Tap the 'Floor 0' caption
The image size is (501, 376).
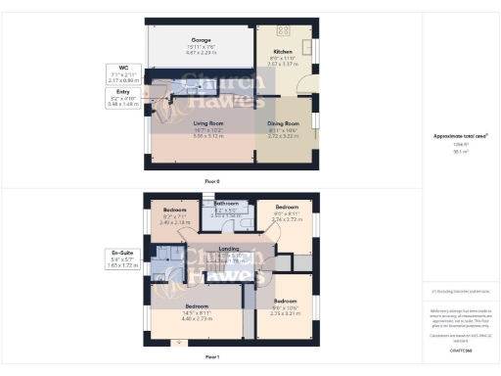pos(212,181)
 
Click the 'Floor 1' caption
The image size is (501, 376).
pos(212,357)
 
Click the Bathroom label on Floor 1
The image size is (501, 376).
pos(226,205)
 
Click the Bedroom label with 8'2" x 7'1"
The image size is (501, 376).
pos(174,211)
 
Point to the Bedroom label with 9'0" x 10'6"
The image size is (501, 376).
pos(286,302)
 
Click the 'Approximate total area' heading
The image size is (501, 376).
pos(461,136)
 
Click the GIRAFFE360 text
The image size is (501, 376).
pos(461,351)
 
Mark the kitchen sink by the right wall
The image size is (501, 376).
pos(306,46)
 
